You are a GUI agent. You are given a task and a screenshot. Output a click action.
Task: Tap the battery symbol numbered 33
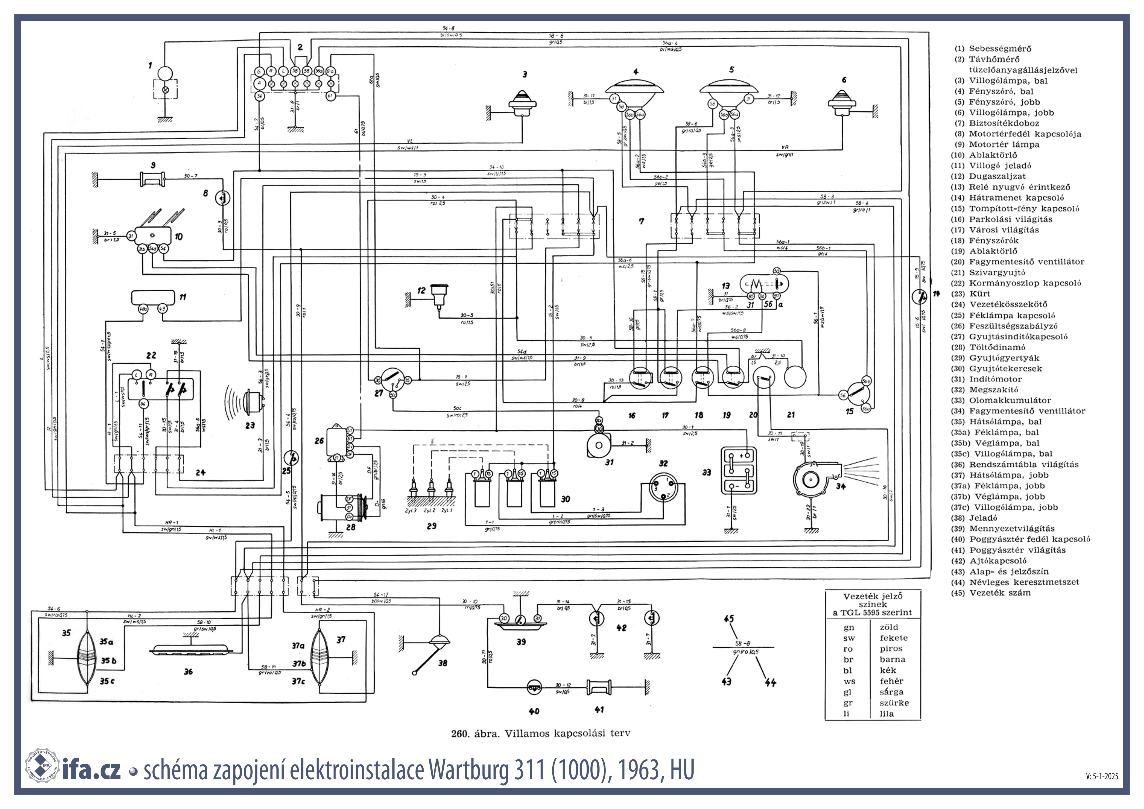[738, 471]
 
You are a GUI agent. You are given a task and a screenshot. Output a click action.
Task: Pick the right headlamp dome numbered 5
[731, 90]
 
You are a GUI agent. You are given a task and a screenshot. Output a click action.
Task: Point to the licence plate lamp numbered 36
[191, 651]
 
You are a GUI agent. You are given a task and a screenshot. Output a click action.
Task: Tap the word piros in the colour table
[891, 649]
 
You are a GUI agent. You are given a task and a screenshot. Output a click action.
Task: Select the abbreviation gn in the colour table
[848, 627]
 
